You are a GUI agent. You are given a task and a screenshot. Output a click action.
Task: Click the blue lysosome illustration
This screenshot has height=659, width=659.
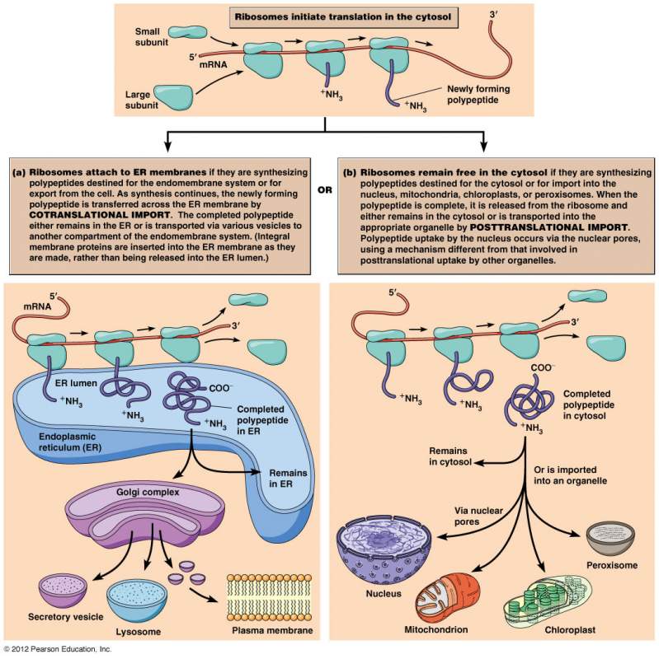click(x=138, y=601)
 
